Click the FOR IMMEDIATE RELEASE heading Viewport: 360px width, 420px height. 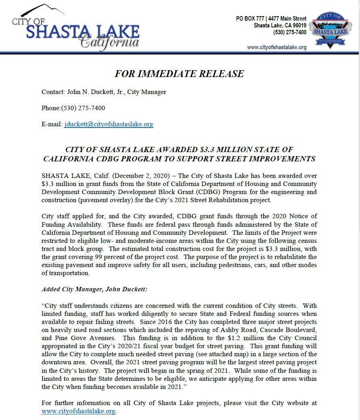point(179,73)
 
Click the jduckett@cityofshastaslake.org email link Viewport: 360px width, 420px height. point(109,124)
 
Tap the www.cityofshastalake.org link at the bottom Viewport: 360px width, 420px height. point(78,412)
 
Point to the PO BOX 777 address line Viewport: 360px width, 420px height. point(271,19)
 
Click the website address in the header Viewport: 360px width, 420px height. point(276,47)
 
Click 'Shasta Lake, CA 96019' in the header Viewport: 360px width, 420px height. point(280,25)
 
